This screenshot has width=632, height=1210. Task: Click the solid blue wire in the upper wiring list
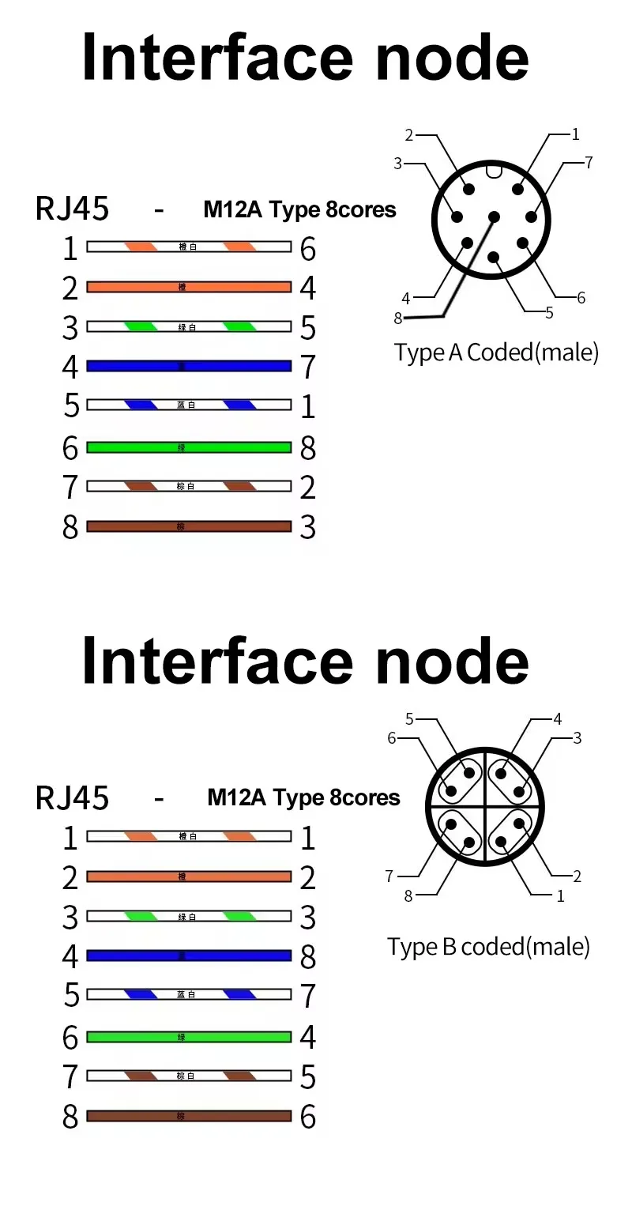pos(188,366)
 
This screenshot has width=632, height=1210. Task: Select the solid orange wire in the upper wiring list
pos(188,287)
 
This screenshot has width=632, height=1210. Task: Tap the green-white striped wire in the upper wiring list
pos(188,326)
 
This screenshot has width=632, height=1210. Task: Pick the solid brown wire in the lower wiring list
pos(188,1116)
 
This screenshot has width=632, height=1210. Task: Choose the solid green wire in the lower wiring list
pos(188,1036)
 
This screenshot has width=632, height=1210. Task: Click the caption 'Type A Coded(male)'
pos(496,352)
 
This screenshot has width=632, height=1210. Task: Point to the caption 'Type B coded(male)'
pos(488,946)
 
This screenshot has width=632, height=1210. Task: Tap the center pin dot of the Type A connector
pos(495,217)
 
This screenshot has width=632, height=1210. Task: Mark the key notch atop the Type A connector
pos(495,169)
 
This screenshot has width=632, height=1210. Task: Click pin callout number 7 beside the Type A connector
pos(589,163)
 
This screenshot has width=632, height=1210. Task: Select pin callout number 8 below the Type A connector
pos(398,318)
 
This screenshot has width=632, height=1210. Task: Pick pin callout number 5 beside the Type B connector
pos(409,718)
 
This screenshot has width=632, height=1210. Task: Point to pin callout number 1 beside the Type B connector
pos(561,895)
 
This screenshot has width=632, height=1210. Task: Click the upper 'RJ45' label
pos(73,209)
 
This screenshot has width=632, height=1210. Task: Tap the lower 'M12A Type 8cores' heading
pos(303,797)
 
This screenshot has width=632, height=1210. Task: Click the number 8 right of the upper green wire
pos(308,448)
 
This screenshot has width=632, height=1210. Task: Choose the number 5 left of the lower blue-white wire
pos(71,995)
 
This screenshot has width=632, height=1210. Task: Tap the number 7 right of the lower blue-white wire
pos(308,995)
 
